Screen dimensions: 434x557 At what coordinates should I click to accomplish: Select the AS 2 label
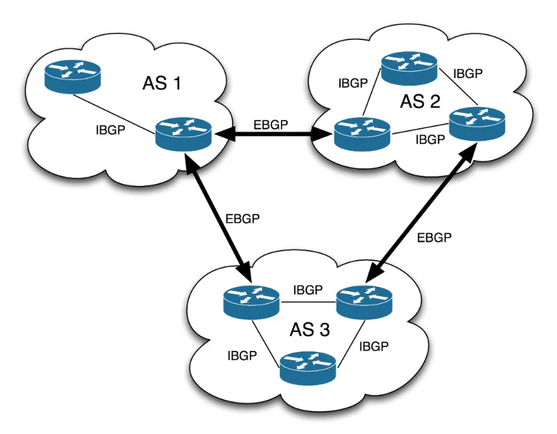(420, 101)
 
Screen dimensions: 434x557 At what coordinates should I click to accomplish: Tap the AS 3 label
(310, 330)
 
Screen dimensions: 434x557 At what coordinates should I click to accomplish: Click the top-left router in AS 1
(72, 76)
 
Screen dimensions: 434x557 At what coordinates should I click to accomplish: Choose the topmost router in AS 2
(409, 67)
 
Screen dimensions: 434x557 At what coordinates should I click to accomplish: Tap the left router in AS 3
(251, 301)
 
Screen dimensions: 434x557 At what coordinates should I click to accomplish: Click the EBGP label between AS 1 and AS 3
(242, 219)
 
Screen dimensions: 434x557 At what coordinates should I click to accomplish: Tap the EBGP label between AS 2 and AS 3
(434, 238)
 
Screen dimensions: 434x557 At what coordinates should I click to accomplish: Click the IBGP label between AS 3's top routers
(308, 290)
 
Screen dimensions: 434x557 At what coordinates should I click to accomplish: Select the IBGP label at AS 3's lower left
(242, 355)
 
